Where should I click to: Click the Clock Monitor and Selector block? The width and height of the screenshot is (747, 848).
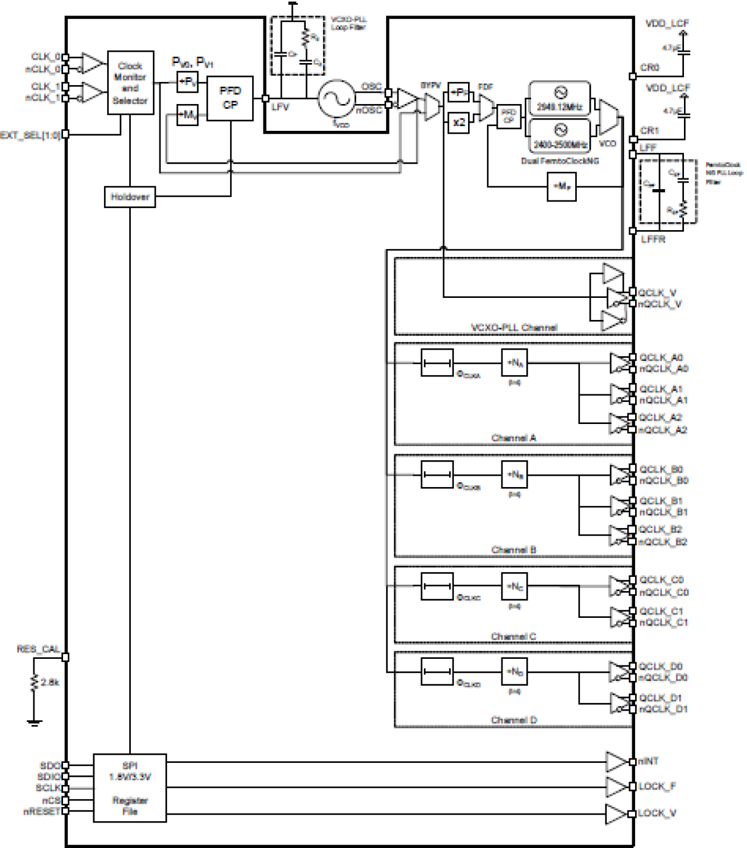(130, 83)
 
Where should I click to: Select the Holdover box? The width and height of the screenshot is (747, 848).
(130, 197)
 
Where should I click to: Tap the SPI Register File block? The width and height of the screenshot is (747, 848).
(130, 788)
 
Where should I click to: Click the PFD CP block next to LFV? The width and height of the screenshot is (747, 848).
(230, 98)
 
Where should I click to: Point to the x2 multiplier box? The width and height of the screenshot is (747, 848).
(459, 123)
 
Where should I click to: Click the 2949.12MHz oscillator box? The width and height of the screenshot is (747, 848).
(559, 99)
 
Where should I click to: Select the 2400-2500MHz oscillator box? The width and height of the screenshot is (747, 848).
(559, 137)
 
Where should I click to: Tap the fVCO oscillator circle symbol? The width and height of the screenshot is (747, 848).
(337, 99)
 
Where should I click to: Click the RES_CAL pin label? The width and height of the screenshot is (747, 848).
(38, 649)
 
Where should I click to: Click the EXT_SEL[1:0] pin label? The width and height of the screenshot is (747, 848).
(30, 135)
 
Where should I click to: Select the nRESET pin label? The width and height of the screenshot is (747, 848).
(42, 811)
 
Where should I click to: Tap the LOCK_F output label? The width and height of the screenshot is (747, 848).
(657, 787)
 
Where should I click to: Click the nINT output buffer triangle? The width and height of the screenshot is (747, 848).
(616, 762)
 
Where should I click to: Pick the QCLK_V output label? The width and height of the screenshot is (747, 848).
(657, 293)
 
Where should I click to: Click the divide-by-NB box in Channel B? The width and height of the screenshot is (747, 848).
(514, 475)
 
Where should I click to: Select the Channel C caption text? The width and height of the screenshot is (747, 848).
(513, 636)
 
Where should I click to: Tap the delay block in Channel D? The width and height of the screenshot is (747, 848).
(437, 671)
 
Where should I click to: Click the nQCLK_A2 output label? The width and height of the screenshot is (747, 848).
(663, 430)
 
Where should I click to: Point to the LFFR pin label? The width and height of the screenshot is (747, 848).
(653, 239)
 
